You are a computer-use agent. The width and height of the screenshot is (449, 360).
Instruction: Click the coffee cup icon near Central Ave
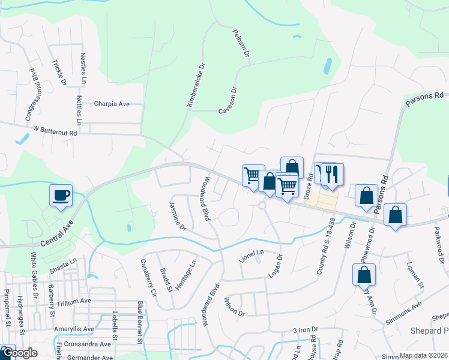click(x=61, y=196)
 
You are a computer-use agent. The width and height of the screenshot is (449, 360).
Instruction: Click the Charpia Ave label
click(x=112, y=104)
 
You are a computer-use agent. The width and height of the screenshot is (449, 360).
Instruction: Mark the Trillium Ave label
click(x=74, y=301)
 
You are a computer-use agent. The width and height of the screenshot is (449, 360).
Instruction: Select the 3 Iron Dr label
click(x=305, y=331)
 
